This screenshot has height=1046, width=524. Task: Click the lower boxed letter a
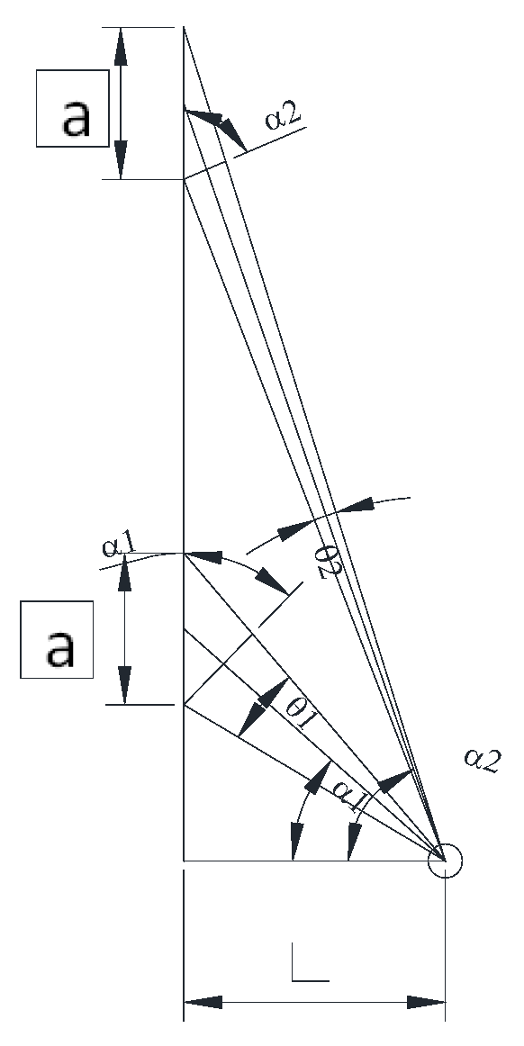click(58, 639)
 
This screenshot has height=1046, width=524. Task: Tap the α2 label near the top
click(287, 118)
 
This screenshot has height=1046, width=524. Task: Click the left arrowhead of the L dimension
click(200, 1002)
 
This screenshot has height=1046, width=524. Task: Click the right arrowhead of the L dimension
click(429, 1002)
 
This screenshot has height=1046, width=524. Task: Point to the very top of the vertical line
click(184, 28)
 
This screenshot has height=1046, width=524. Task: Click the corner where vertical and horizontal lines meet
click(184, 861)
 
